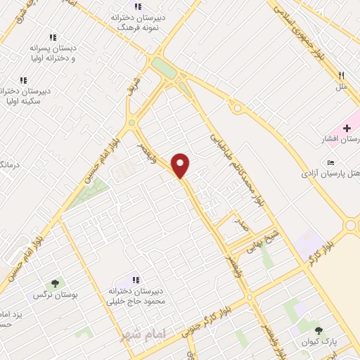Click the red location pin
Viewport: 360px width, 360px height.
click(x=181, y=165)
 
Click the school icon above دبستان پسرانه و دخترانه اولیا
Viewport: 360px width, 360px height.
click(x=53, y=37)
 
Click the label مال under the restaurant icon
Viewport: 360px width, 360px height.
click(x=342, y=86)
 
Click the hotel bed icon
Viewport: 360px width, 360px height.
click(x=331, y=161)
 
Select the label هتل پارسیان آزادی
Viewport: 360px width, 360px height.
click(x=331, y=172)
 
